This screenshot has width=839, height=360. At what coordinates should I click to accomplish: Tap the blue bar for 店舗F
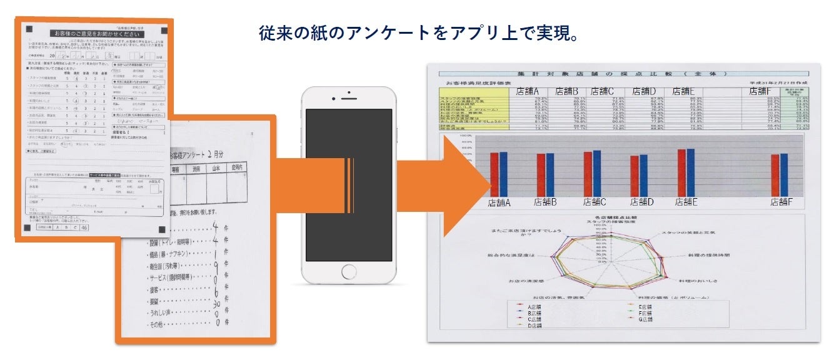point(784,174)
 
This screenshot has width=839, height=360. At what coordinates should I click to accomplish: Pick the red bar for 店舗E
point(681,172)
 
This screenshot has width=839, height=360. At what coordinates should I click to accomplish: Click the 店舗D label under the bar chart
point(641,202)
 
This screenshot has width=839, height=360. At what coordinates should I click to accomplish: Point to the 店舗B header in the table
point(567,92)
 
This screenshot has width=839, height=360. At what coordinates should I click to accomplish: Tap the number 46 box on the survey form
point(84,229)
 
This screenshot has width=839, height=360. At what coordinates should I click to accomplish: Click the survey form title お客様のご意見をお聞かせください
point(93,32)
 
